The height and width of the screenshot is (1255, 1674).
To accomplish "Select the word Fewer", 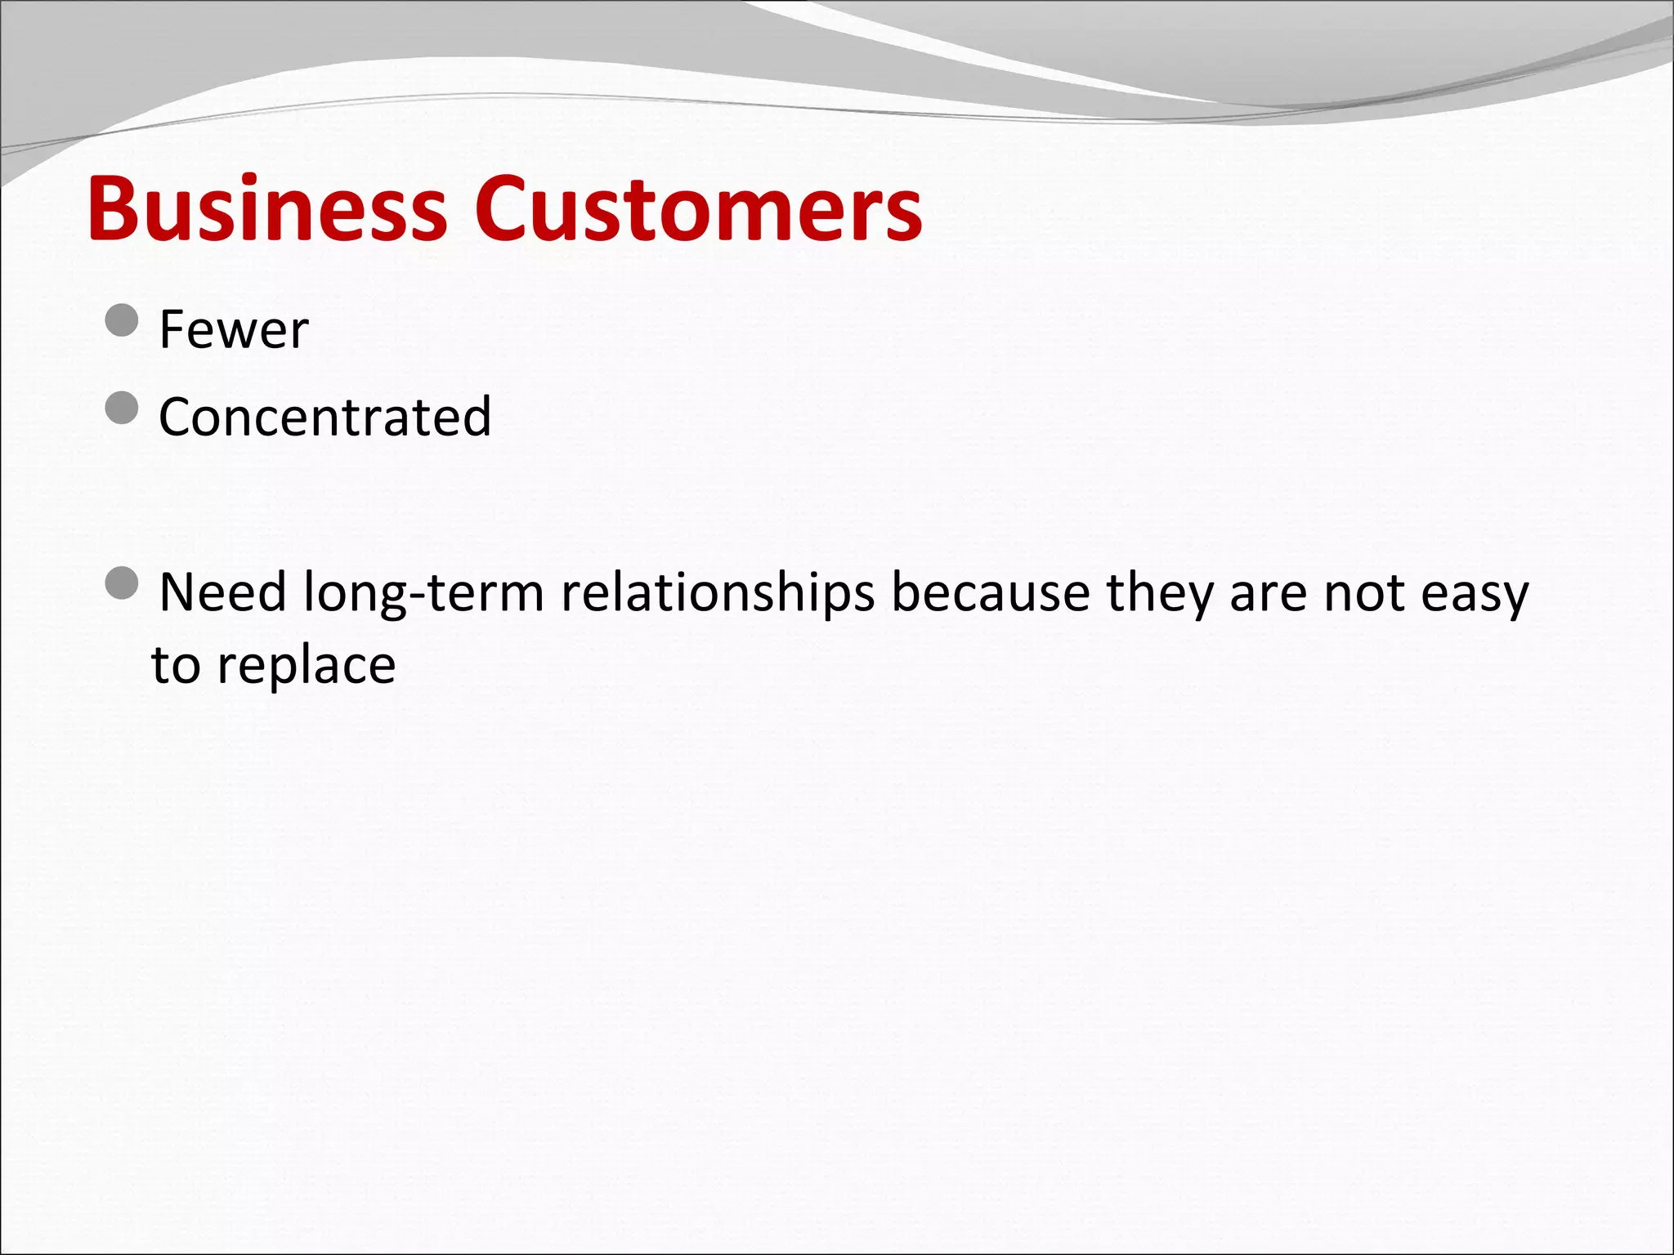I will pos(234,330).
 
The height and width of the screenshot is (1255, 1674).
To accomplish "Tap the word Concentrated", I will pos(325,417).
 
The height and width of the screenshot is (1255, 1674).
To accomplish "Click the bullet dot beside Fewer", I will pos(123,319).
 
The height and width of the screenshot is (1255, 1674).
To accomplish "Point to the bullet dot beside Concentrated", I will pos(123,407).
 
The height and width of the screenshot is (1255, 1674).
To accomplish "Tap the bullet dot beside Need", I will pos(123,583).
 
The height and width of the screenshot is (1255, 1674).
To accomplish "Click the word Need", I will pos(222,592).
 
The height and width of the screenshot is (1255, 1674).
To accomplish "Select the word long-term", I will pos(423,594).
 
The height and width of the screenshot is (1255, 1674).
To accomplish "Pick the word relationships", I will pos(718,594).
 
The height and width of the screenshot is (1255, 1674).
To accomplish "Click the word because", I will pos(991,592).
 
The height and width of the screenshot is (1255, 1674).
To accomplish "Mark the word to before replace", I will pos(176,665).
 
